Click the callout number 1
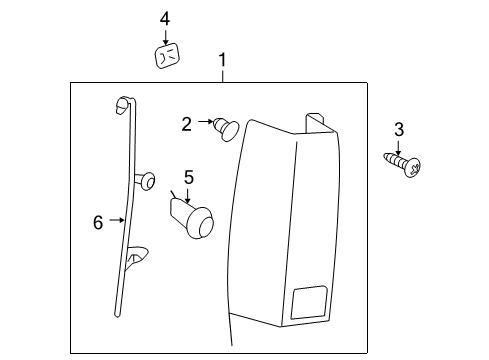tap(222, 61)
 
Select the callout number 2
tap(187, 123)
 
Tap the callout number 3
tap(399, 129)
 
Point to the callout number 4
tap(165, 18)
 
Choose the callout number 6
tap(98, 222)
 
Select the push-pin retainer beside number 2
tap(225, 127)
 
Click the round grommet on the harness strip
tap(148, 180)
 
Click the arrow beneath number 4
tap(165, 35)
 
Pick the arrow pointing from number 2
tap(204, 123)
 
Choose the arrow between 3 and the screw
tap(399, 145)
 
